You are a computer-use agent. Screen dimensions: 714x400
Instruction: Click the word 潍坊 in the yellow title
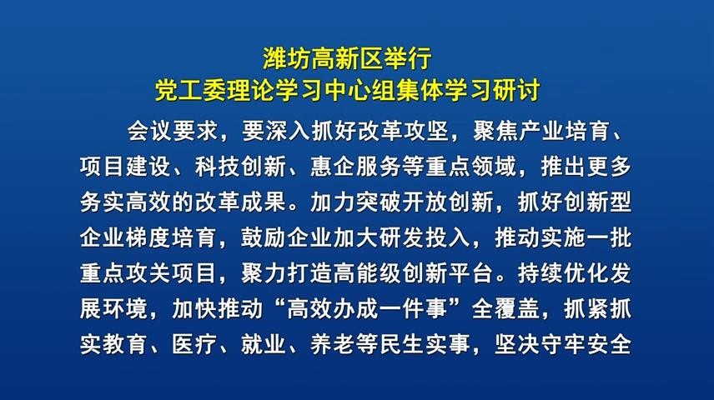point(286,59)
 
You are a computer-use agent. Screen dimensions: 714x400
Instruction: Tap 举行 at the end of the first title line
point(408,59)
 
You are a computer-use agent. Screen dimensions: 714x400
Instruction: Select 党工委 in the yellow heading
point(191,90)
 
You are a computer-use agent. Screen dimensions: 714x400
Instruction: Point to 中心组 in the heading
point(360,90)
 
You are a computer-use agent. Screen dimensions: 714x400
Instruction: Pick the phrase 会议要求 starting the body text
point(173,131)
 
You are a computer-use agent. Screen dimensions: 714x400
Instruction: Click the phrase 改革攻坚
point(403,131)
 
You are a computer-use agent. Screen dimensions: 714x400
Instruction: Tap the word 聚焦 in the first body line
point(495,131)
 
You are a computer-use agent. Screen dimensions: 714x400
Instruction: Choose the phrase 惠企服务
point(356,167)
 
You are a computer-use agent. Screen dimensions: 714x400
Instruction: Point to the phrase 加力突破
point(356,202)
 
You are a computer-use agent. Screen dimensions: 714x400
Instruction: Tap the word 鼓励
point(264,237)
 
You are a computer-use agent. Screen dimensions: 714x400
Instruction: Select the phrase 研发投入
point(425,237)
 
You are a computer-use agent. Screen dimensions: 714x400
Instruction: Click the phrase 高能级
point(368,273)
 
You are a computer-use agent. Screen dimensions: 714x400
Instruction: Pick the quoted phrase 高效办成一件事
point(368,308)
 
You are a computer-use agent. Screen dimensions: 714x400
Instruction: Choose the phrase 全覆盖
point(506,308)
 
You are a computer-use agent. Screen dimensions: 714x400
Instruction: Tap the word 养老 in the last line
point(333,344)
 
